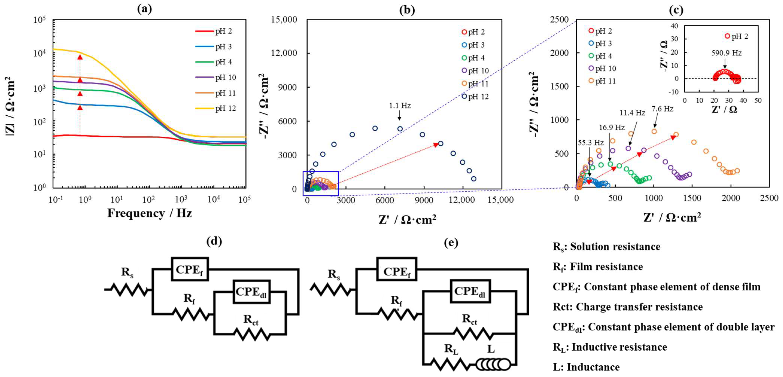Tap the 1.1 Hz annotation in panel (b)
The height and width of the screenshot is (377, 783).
(x=400, y=106)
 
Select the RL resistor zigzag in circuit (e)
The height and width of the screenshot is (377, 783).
(x=450, y=364)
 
